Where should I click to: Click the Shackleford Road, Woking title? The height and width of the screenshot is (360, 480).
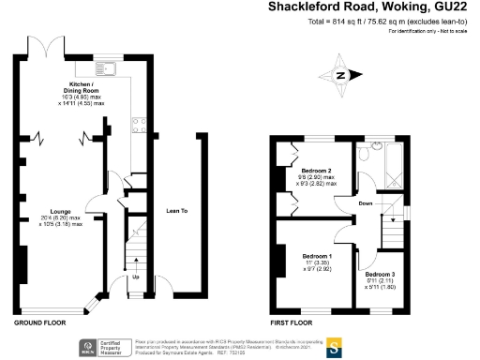point(371,8)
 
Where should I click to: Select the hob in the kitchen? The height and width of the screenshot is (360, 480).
point(139,126)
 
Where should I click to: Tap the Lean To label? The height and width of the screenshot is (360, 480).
point(176,211)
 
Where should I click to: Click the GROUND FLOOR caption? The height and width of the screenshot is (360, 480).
point(39,322)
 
